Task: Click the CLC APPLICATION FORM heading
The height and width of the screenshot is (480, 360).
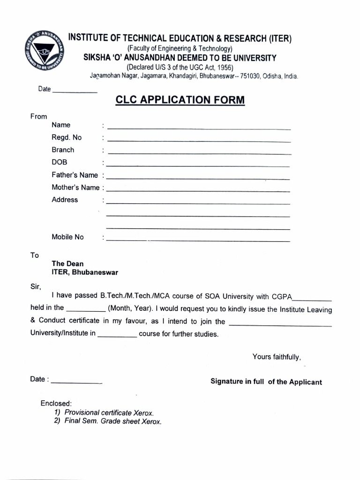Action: (x=180, y=100)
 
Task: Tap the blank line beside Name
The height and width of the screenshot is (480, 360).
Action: (x=199, y=128)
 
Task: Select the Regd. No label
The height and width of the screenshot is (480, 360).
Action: (x=67, y=137)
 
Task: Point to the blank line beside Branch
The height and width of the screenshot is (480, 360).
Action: (x=199, y=153)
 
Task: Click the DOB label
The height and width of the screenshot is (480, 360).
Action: (x=60, y=162)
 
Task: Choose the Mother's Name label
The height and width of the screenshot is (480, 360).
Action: (x=75, y=187)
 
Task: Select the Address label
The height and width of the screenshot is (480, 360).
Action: (x=65, y=200)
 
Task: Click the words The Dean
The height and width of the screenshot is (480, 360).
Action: (x=67, y=264)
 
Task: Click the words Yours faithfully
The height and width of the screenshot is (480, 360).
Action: (x=276, y=357)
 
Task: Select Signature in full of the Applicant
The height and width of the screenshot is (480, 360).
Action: (x=266, y=382)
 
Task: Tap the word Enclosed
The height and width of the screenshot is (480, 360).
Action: (x=56, y=403)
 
